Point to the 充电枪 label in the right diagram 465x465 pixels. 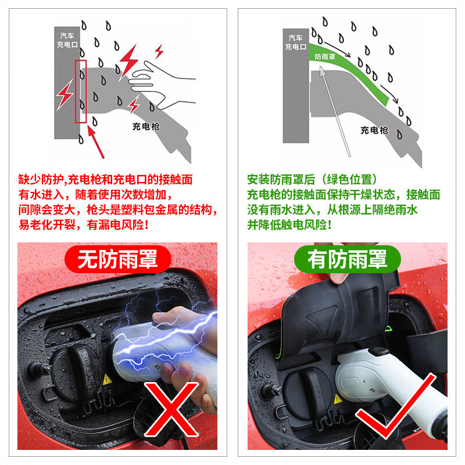point(374,130)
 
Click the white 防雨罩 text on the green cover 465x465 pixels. point(324,57)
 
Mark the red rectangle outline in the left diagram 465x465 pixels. point(81,91)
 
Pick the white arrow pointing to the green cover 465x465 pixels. point(334,110)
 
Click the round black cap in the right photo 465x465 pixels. point(308,387)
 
